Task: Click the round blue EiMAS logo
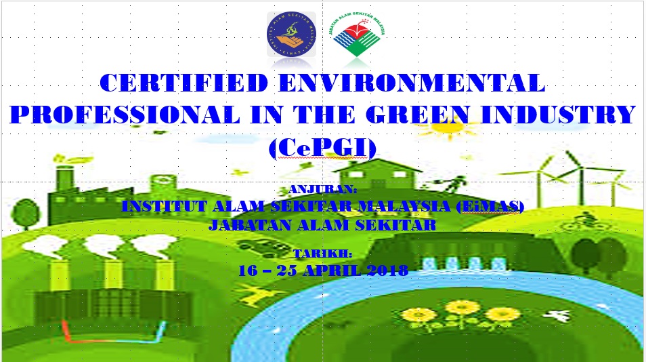point(291,34)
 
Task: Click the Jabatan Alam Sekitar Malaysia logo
point(357,35)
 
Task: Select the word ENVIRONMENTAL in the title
point(412,83)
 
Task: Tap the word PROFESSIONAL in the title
point(125,115)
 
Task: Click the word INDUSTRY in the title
point(558,115)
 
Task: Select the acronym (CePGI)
point(322,148)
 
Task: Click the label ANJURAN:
point(322,189)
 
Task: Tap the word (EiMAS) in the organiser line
point(490,206)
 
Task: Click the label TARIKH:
point(322,254)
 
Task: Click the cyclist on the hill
point(586,222)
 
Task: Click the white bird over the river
point(557,316)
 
